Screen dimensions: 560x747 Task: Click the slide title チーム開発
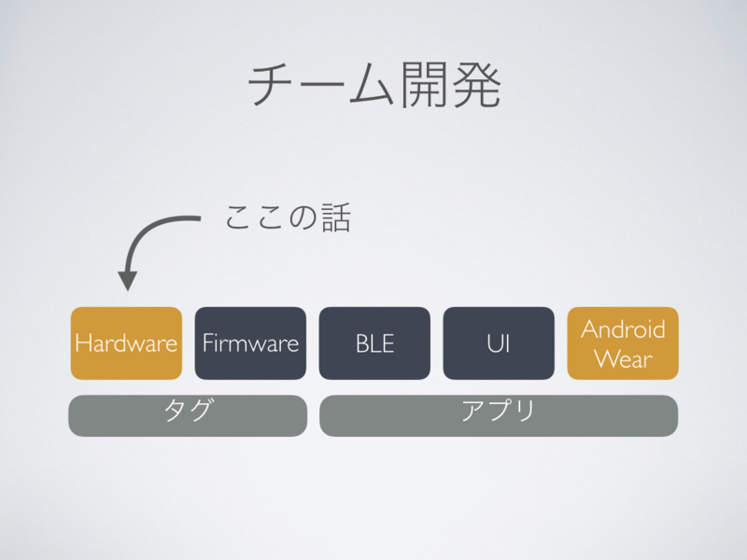374,86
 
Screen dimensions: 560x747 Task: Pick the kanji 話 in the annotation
334,218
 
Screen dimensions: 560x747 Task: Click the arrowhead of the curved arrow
128,280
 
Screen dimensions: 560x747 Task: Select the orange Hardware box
126,343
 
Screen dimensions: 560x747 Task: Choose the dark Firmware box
250,343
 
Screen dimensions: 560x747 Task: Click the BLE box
374,343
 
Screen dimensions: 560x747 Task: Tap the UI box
499,343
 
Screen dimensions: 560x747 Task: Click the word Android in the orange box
623,329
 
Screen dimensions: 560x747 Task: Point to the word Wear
623,358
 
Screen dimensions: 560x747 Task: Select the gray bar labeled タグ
188,415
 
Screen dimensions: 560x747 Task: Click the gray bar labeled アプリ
499,415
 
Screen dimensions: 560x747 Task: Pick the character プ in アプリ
499,412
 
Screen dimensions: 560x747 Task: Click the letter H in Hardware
81,343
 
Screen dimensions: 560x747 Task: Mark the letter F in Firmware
207,343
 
